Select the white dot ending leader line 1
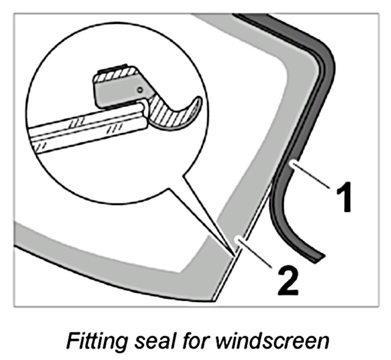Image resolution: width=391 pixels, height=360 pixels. pyautogui.click(x=291, y=162)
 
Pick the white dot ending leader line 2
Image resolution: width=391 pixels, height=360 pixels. pyautogui.click(x=236, y=239)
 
